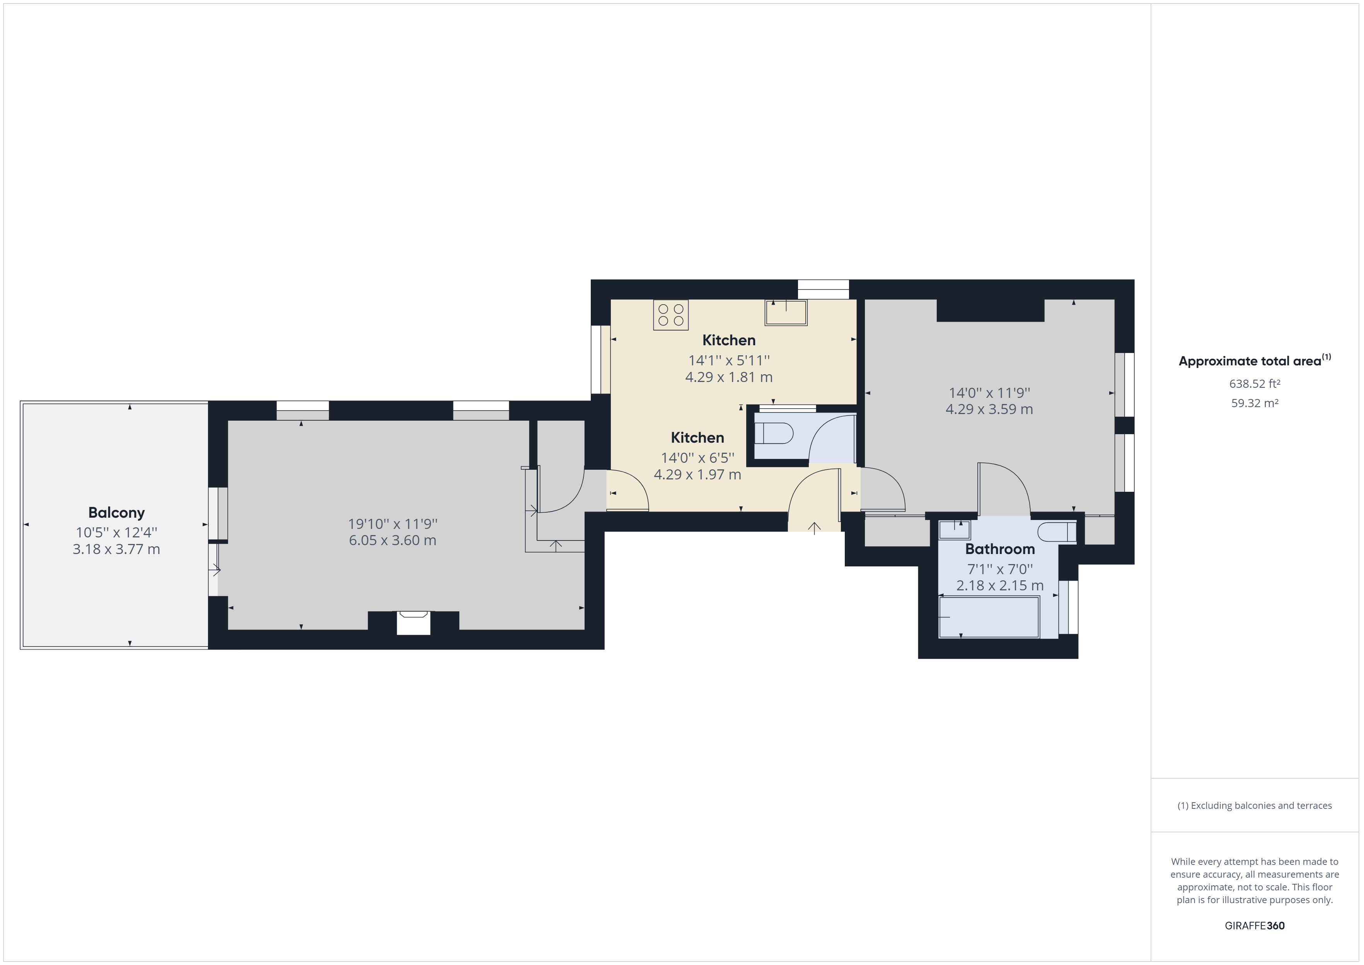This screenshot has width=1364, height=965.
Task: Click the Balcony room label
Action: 116,512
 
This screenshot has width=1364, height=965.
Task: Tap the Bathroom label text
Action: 1000,549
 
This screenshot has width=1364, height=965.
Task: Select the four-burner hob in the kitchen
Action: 671,315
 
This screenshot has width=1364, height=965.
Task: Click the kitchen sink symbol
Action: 786,312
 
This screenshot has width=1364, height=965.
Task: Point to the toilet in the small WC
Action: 774,433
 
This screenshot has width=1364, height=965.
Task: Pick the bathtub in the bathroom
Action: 989,617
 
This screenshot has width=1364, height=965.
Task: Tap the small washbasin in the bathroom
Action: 955,529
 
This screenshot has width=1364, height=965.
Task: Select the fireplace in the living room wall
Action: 413,622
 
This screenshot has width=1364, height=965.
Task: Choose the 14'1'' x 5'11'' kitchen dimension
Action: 729,360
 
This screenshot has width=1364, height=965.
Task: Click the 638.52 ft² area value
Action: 1255,384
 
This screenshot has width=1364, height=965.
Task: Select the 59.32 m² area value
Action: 1255,403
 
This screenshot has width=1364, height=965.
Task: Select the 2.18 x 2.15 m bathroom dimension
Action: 1000,586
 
